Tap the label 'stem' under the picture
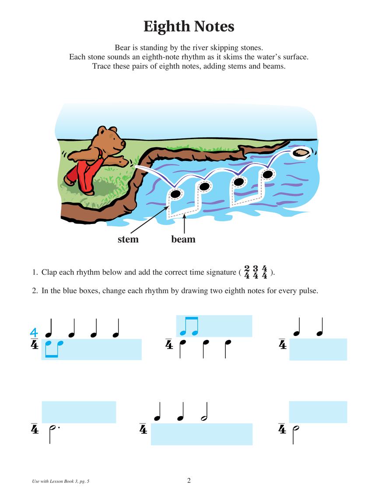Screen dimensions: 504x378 pos(128,239)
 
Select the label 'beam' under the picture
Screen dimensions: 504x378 pos(183,239)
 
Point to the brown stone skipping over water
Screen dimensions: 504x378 pos(301,152)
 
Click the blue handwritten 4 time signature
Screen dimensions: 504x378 pos(34,334)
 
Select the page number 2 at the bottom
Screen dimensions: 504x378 pos(189,480)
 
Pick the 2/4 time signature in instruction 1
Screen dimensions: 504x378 pos(247,272)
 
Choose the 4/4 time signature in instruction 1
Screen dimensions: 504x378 pos(264,272)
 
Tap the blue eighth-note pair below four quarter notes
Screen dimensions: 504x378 pos(54,349)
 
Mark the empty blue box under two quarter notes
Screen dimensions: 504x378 pos(318,349)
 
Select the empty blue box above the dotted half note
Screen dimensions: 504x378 pos(79,412)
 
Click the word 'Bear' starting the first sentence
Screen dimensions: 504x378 pos(123,47)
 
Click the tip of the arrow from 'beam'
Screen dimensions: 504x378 pos(185,215)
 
